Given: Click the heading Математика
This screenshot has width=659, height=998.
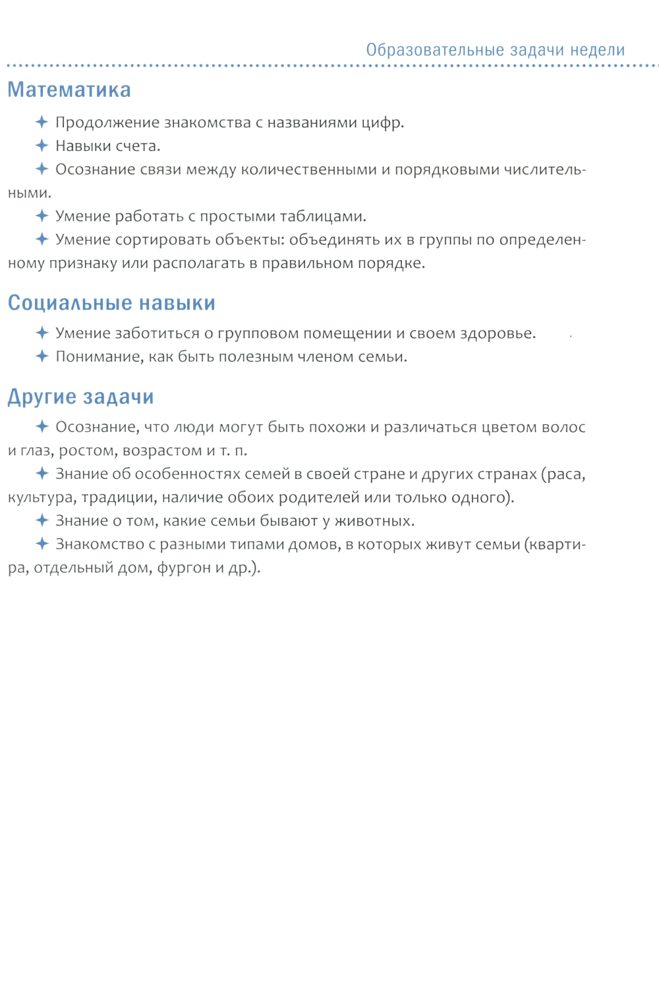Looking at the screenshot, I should click(69, 90).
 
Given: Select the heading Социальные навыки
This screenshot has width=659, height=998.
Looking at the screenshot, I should click(111, 303).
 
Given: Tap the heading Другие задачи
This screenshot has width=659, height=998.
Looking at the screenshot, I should click(80, 397).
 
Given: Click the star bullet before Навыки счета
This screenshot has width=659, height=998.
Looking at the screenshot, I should click(42, 146).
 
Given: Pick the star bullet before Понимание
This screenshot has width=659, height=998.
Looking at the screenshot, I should click(42, 356).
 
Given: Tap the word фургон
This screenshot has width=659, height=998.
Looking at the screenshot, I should click(181, 568).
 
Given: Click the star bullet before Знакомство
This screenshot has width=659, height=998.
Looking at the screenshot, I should click(42, 544).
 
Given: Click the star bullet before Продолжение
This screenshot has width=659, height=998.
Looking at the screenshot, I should click(42, 122).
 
